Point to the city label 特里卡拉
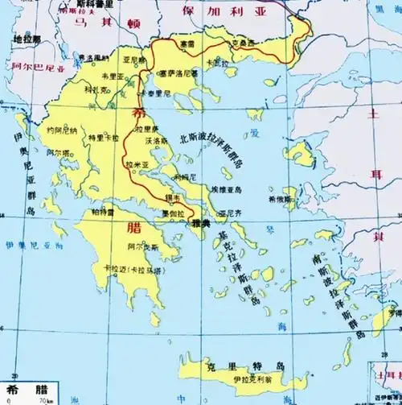click(99, 138)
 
